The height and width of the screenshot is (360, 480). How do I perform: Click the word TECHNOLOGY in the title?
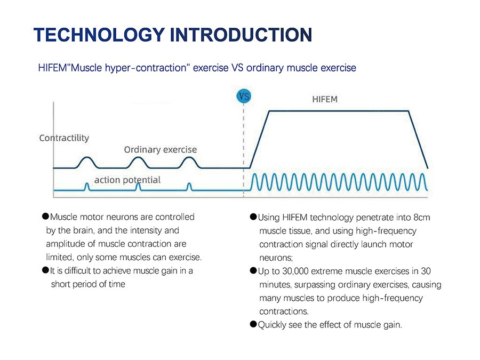(x=98, y=34)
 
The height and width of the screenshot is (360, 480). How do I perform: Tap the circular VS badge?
(x=243, y=97)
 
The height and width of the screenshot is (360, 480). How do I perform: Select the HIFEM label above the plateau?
(x=324, y=99)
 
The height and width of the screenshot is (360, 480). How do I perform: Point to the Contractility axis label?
(x=64, y=138)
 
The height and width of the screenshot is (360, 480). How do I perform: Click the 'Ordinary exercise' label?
(x=160, y=149)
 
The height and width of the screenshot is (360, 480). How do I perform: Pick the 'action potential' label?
(x=127, y=180)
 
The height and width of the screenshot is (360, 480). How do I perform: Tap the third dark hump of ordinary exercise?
(x=189, y=161)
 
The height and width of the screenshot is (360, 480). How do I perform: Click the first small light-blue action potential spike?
(x=86, y=186)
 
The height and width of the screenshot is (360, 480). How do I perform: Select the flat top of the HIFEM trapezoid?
(x=338, y=110)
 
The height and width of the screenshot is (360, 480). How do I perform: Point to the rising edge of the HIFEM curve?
(x=259, y=139)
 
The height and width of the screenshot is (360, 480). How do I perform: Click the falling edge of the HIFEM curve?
(x=418, y=139)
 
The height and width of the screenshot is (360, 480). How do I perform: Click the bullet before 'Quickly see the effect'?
(x=253, y=324)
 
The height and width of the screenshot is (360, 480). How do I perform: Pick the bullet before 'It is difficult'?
(x=45, y=270)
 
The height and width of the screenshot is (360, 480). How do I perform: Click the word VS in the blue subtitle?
(x=237, y=68)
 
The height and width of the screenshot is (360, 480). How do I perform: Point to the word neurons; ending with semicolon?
(x=276, y=258)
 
